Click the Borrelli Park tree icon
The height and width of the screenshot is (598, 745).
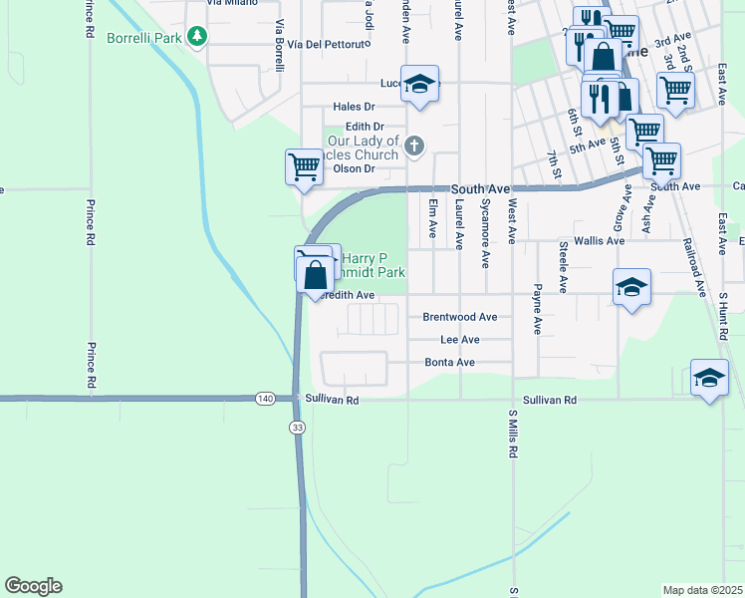(198, 36)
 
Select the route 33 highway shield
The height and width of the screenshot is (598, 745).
(297, 427)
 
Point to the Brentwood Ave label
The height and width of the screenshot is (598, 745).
(459, 317)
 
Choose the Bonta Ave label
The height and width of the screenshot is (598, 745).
(449, 363)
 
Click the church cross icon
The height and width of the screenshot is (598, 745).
(414, 148)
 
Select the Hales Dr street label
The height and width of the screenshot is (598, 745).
(354, 107)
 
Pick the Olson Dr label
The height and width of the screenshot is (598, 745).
(354, 168)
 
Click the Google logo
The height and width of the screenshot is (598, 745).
(33, 586)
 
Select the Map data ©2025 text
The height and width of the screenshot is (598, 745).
(701, 590)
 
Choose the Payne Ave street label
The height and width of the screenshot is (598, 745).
(537, 310)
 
